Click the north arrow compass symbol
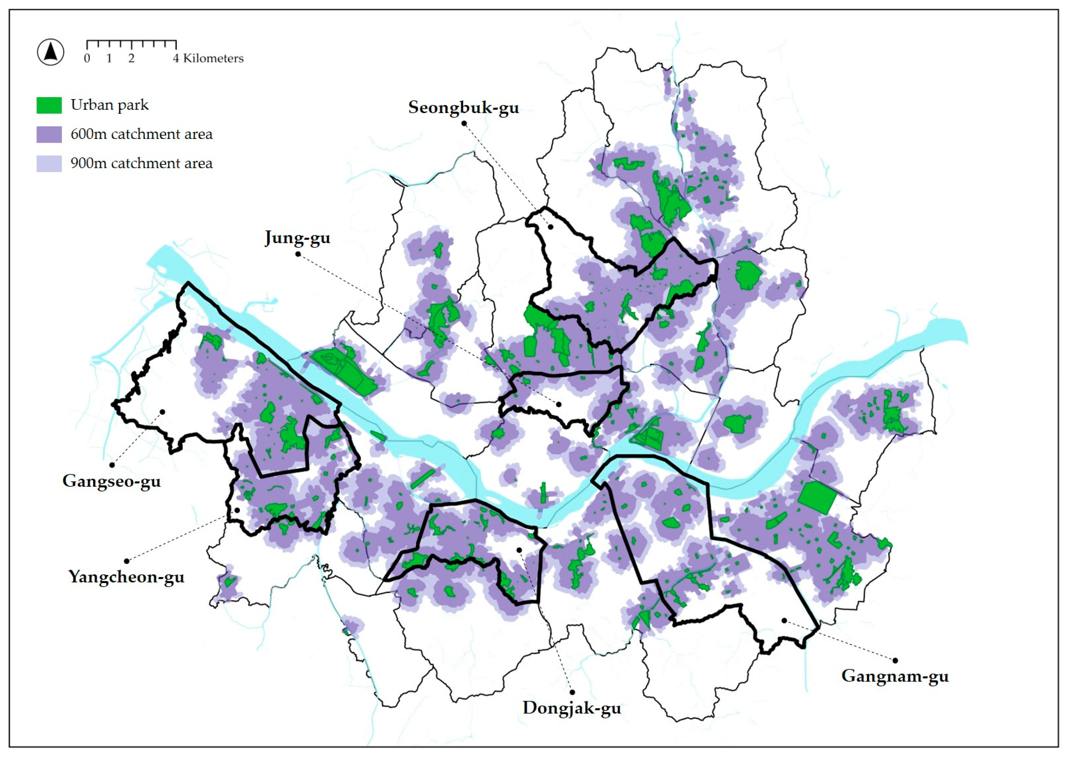click(50, 52)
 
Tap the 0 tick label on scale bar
click(87, 58)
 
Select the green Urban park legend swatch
click(49, 105)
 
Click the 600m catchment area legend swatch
click(49, 135)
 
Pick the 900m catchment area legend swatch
click(49, 164)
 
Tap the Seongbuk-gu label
click(463, 107)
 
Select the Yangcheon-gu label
click(126, 576)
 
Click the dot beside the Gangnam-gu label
click(895, 661)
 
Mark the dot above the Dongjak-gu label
click(572, 692)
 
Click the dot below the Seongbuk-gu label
click(464, 123)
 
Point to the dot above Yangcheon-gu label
click(126, 561)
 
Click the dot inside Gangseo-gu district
click(162, 411)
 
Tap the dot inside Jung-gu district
click(558, 404)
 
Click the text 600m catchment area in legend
click(142, 135)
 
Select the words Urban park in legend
click(109, 105)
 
